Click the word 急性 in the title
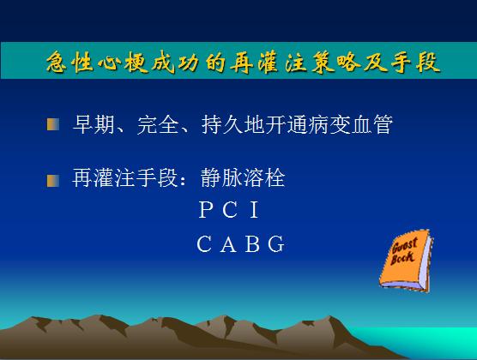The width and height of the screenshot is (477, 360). (70, 63)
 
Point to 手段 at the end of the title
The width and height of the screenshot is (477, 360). (415, 63)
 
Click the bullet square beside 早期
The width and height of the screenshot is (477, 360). (53, 124)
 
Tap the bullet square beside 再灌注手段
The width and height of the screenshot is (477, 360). (53, 181)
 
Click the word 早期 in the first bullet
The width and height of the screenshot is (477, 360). (94, 124)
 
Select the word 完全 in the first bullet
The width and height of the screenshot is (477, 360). (158, 124)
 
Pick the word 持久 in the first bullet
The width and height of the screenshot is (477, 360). (222, 124)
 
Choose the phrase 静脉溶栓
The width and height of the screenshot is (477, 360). (243, 177)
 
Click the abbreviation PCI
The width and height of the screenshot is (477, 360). (229, 209)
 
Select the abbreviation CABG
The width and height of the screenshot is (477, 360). (240, 243)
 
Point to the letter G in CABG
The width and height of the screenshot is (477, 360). (276, 243)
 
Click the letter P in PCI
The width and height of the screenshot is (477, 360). (206, 209)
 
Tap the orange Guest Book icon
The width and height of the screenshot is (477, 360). (406, 261)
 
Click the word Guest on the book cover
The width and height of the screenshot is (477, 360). (405, 245)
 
